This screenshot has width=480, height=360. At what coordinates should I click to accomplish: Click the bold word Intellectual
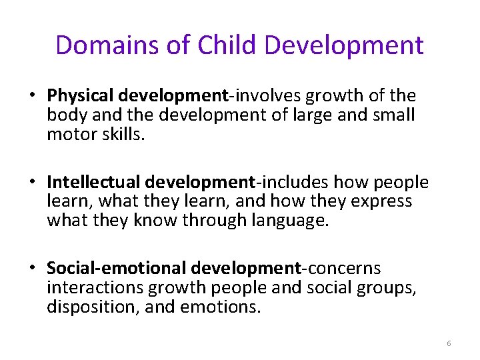tap(93, 183)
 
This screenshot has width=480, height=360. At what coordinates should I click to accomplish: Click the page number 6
tap(449, 343)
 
